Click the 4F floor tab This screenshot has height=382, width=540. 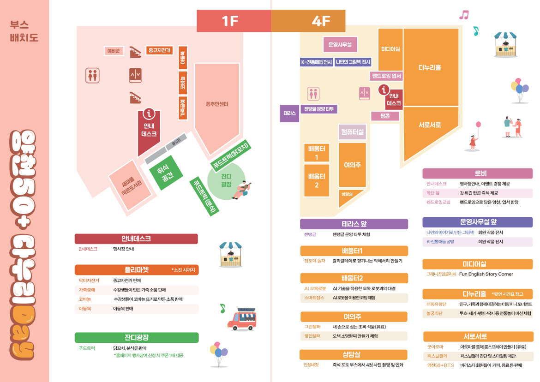click(308, 21)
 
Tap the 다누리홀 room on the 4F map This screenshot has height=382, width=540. click(430, 67)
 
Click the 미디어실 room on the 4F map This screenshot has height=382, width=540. click(390, 49)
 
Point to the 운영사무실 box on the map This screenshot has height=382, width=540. click(340, 45)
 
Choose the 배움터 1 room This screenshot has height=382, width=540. click(317, 153)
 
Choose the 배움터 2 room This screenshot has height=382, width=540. click(317, 180)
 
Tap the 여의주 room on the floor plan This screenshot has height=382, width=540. click(352, 164)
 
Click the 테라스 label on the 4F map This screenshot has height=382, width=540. click(289, 113)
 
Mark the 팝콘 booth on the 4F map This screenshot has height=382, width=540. click(385, 116)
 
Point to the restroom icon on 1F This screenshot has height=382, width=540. click(92, 75)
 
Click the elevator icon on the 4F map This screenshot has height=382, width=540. click(365, 94)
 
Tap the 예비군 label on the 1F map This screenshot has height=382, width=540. click(114, 51)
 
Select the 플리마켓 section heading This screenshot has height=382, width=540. click(137, 270)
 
